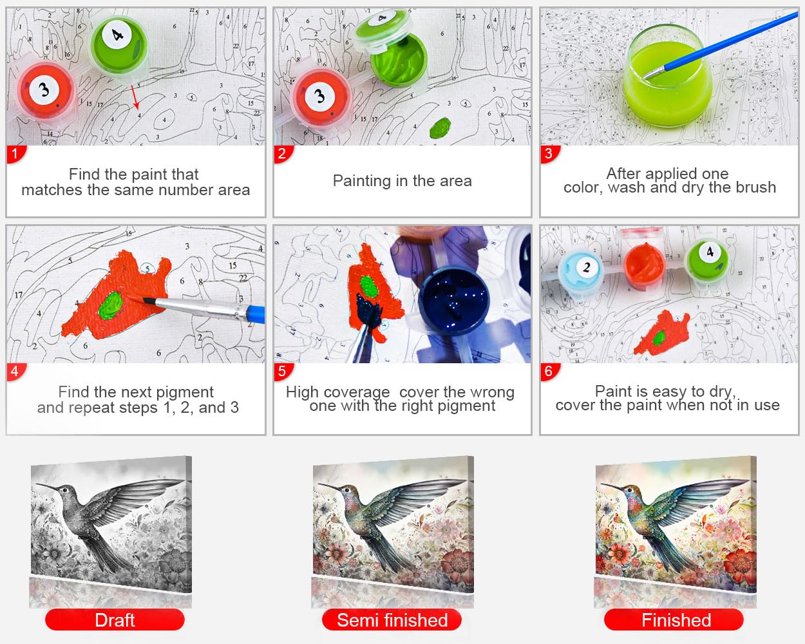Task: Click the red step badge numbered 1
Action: pos(15,154)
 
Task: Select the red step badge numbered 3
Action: pos(549,154)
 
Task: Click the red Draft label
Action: pos(115,620)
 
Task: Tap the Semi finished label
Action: pos(392,620)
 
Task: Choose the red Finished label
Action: pos(674,620)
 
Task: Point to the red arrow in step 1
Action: pos(135,97)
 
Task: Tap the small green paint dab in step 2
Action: pos(440,128)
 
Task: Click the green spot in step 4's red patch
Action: pos(110,305)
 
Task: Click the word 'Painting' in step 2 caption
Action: pos(362,182)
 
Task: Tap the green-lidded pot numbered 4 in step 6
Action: pos(707,260)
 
